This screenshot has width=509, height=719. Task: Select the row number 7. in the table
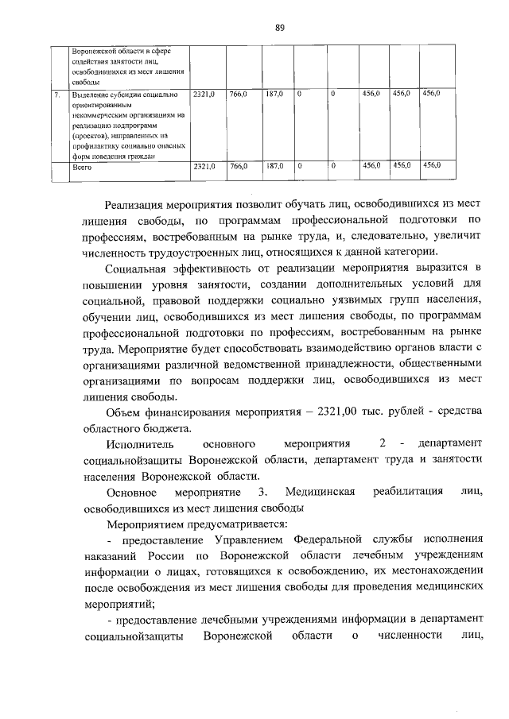[57, 95]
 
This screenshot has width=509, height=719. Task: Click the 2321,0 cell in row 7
[204, 95]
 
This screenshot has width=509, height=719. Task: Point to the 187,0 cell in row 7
[274, 95]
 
